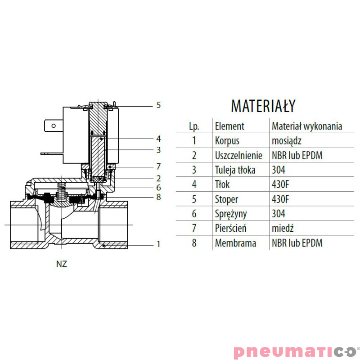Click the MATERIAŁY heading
pos(263,106)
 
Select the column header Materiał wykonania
pos(307,126)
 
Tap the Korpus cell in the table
pos(227,140)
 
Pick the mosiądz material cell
pos(287,140)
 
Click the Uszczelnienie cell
pos(238,155)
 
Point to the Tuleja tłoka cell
pos(235,170)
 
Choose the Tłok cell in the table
pos(222,184)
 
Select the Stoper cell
pos(227,199)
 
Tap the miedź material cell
pos(282,228)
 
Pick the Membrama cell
pos(236,243)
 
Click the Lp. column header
pos(194,126)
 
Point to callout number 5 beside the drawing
pos(158,105)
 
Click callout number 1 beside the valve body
pos(158,244)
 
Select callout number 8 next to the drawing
pos(158,197)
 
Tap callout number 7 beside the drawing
pos(158,166)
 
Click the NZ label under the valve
pos(62,264)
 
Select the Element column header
pos(229,126)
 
